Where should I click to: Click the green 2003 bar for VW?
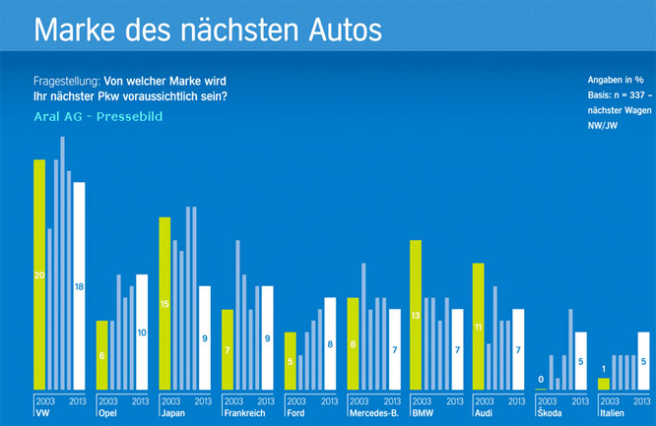click(39, 274)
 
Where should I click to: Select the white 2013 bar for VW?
click(80, 285)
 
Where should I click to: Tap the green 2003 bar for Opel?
click(101, 355)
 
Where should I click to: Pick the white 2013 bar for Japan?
click(205, 337)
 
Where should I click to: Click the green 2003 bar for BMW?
click(416, 315)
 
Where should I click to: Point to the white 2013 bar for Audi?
click(518, 349)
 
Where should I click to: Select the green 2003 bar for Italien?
click(604, 384)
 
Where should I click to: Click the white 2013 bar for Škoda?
click(581, 361)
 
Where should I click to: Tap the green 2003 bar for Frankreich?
click(228, 349)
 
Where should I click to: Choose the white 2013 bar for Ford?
click(330, 343)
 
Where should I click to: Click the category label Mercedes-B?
click(373, 414)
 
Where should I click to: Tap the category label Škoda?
click(549, 414)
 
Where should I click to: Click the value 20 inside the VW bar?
click(39, 275)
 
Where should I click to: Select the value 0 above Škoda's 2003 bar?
click(541, 379)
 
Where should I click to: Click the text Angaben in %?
click(616, 79)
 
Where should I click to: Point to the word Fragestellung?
click(65, 79)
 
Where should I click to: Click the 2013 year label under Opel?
click(141, 401)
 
